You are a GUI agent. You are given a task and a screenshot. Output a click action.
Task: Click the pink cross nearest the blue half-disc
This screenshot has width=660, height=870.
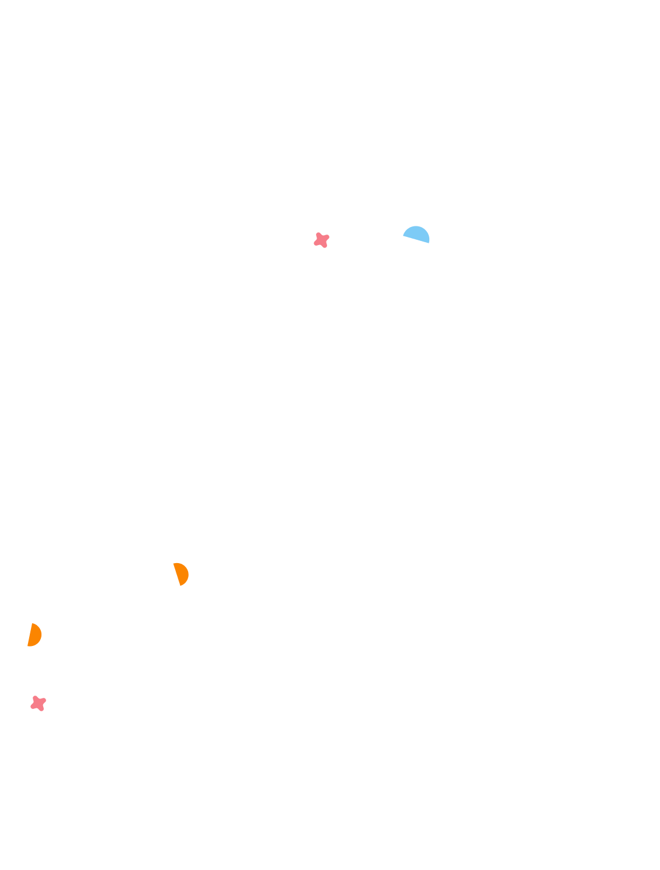[x=321, y=240]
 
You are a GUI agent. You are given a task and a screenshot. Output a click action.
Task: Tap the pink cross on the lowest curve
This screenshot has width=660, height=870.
[x=39, y=703]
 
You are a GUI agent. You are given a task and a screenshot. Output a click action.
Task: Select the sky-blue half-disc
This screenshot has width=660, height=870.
[x=418, y=234]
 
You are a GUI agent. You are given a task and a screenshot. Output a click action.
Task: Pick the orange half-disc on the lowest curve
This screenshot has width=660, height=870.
[x=182, y=574]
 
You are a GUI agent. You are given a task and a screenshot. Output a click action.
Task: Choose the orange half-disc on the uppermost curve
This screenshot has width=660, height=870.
[x=34, y=635]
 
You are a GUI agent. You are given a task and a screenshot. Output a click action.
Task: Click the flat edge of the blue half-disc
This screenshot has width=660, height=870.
[x=416, y=239]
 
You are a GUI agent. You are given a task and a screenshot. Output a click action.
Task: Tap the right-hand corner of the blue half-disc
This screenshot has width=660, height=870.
[x=429, y=242]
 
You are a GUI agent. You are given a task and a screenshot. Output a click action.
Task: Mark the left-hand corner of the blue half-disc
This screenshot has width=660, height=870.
[x=404, y=235]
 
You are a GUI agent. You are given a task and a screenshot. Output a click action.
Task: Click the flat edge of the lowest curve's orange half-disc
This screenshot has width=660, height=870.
[x=178, y=574]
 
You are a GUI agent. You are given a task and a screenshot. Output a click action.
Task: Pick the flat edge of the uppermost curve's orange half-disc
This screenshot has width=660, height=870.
[x=30, y=635]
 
